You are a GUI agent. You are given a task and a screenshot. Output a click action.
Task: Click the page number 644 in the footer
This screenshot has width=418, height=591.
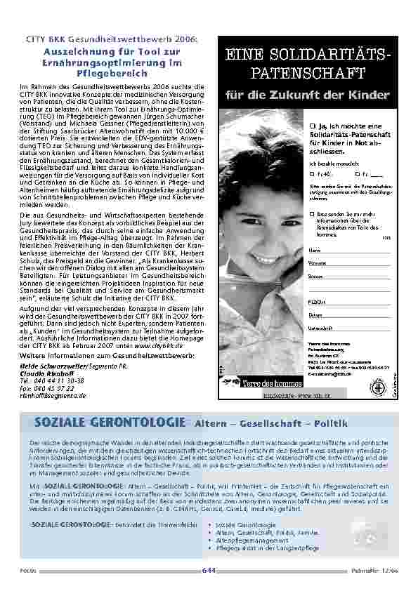(209, 570)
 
